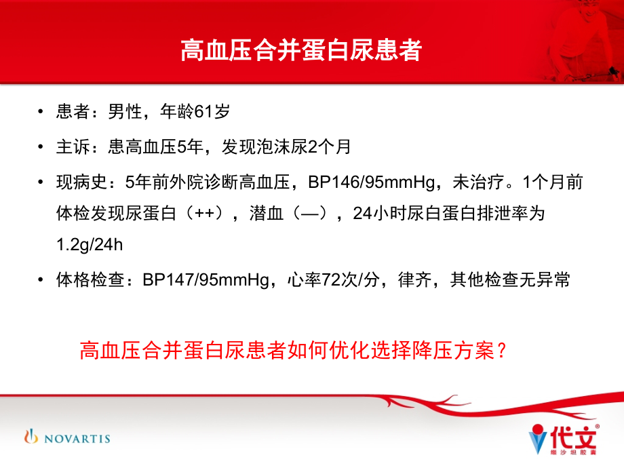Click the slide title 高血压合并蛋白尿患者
coord(300,51)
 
